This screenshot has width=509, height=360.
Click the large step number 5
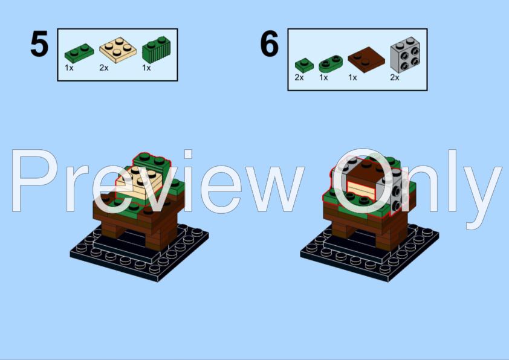click(x=39, y=45)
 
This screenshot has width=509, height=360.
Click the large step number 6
click(x=270, y=45)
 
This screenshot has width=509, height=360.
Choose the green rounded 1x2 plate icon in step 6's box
click(x=329, y=62)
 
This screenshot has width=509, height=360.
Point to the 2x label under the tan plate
click(x=104, y=68)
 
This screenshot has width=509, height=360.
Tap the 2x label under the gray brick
click(x=395, y=78)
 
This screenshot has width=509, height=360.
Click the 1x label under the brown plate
click(x=353, y=78)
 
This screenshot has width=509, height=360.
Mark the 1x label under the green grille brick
click(x=146, y=68)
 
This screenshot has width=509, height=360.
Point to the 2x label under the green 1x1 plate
click(x=299, y=78)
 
